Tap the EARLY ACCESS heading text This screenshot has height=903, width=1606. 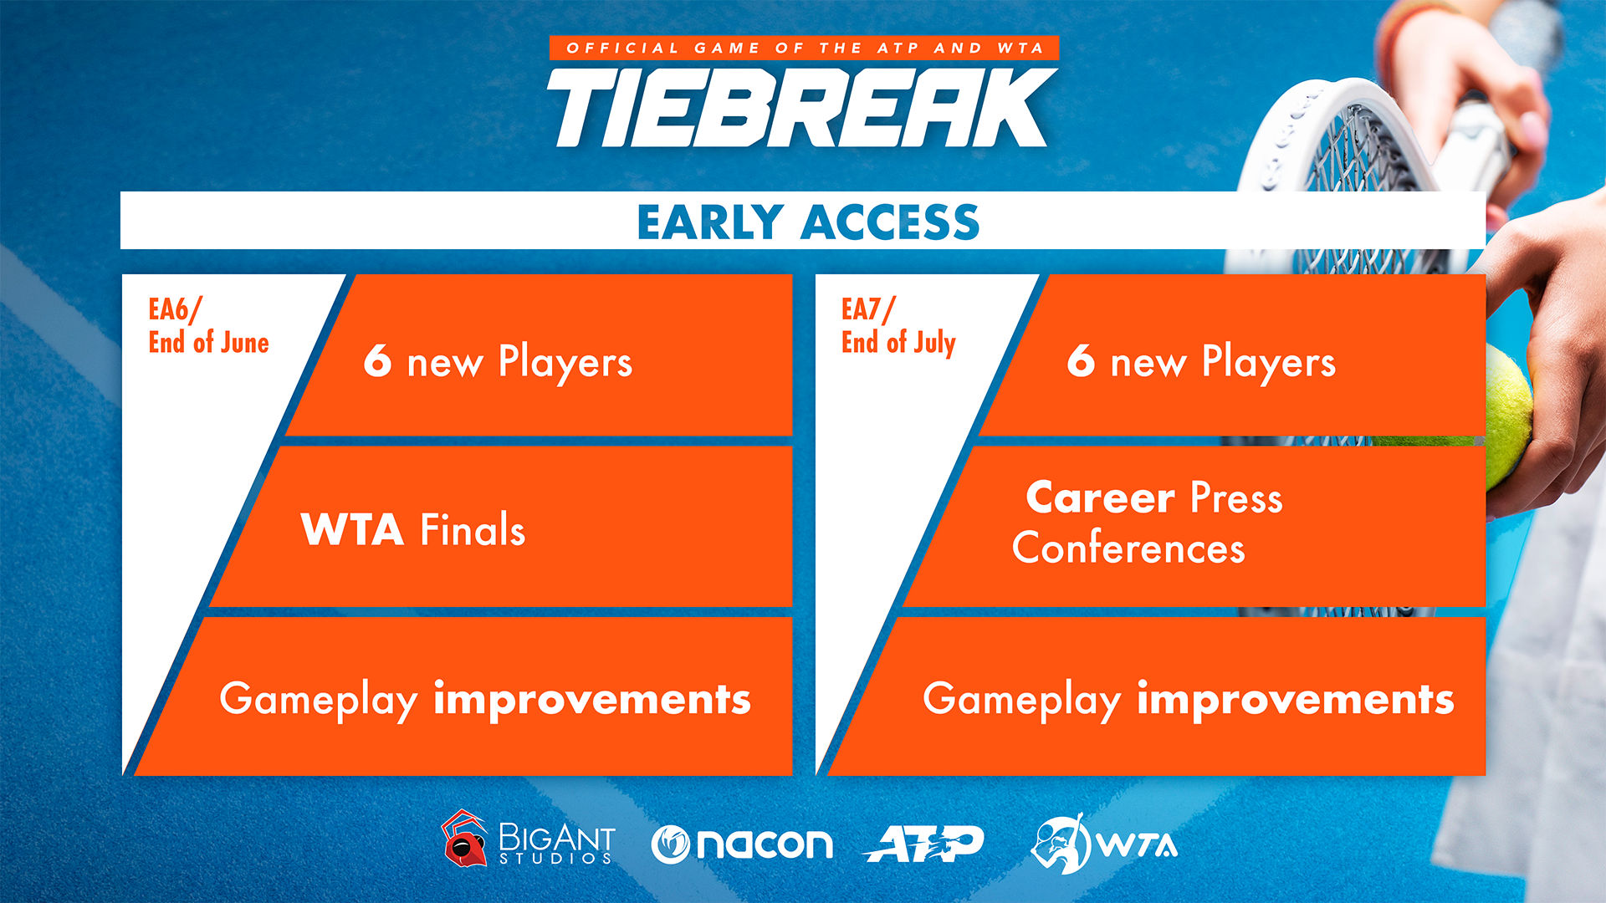pos(808,222)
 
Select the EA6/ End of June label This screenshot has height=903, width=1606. pos(208,326)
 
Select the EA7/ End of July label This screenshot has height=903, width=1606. pos(898,326)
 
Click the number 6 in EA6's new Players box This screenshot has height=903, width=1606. pos(377,360)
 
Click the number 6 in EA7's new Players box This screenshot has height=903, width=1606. pos(1081,360)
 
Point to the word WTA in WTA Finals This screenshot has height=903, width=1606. pos(352,530)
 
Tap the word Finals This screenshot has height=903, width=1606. pos(473,529)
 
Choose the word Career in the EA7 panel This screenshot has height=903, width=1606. pos(1101,497)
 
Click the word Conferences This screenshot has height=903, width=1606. pos(1128,548)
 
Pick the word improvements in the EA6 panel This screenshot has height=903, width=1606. pos(592,699)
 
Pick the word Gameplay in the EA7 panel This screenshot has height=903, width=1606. pos(1021,700)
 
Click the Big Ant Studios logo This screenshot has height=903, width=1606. pos(529,839)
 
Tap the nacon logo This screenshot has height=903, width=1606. pos(742,844)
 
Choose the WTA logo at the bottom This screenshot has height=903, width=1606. pos(1104,844)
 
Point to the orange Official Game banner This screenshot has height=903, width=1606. pos(805,48)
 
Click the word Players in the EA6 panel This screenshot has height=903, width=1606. pos(565,362)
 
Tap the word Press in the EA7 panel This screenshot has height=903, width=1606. pos(1236,497)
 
